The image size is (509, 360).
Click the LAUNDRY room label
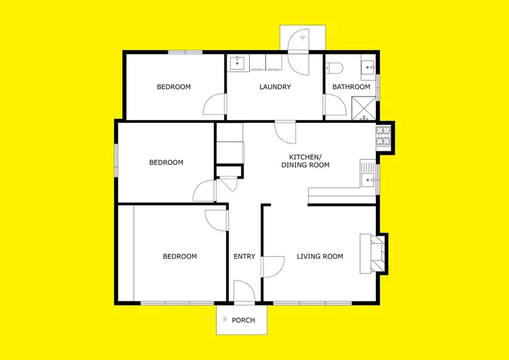tap(275, 87)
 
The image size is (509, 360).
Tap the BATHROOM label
tap(351, 87)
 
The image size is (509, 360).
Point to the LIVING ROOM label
tap(320, 257)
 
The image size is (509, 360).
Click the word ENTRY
tap(244, 257)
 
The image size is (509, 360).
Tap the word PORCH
tap(244, 320)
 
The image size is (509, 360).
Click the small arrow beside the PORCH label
tap(225, 319)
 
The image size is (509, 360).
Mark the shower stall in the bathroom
tap(363, 107)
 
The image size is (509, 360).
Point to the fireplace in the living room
tap(377, 253)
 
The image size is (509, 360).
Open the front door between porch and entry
tap(244, 292)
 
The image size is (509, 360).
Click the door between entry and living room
tap(272, 266)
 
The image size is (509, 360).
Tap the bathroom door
tap(333, 106)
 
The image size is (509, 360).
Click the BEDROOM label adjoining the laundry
tap(174, 87)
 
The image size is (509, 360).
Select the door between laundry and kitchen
tap(285, 130)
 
